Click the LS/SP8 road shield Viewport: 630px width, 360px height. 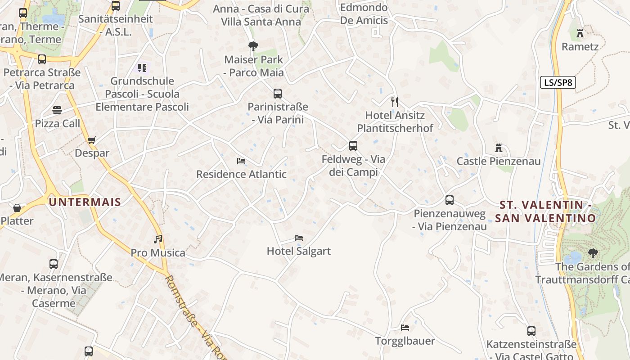click(x=558, y=82)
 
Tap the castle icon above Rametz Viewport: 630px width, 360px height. click(x=580, y=33)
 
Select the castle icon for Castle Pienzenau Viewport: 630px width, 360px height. click(x=499, y=148)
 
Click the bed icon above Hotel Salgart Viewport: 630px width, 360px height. click(x=299, y=238)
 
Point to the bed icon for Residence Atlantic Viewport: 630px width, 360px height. click(x=241, y=161)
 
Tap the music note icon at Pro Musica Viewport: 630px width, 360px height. click(x=158, y=239)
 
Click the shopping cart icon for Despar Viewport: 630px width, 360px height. click(x=92, y=140)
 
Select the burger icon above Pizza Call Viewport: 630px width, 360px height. click(x=57, y=110)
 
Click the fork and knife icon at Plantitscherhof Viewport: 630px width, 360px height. click(x=395, y=102)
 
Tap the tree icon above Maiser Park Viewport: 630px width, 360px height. click(x=253, y=46)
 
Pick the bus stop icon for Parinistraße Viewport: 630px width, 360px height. click(x=278, y=94)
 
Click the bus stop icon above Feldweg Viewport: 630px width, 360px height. click(x=353, y=146)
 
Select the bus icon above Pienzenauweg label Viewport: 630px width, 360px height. click(x=450, y=200)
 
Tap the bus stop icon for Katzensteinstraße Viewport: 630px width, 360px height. click(x=531, y=331)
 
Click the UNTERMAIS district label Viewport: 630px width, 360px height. click(x=85, y=202)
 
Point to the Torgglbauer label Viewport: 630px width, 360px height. click(x=405, y=341)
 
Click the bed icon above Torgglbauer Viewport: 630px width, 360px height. click(x=405, y=328)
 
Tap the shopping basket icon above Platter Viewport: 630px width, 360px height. click(x=17, y=207)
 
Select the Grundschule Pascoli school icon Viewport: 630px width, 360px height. click(x=142, y=68)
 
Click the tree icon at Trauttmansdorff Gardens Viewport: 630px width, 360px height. click(x=593, y=253)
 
